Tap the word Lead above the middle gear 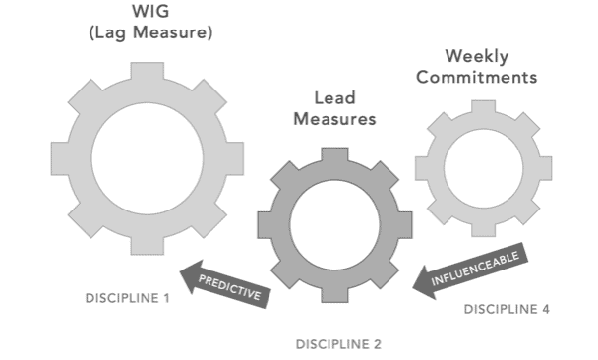pyautogui.click(x=334, y=98)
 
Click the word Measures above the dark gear pyautogui.click(x=334, y=121)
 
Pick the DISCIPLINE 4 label pyautogui.click(x=507, y=309)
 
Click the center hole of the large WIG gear pyautogui.click(x=148, y=157)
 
